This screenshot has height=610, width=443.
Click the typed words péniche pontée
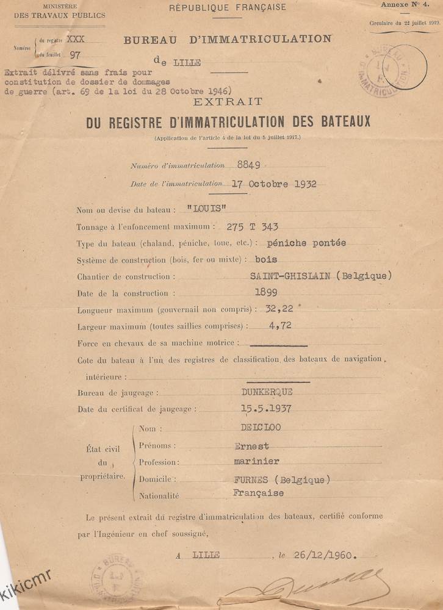[x=311, y=243]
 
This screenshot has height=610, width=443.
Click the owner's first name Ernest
[x=251, y=446]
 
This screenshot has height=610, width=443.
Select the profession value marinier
[x=256, y=462]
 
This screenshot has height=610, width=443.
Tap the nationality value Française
[x=258, y=493]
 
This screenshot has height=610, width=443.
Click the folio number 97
[x=76, y=55]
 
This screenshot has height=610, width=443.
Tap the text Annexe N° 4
[x=405, y=5]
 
